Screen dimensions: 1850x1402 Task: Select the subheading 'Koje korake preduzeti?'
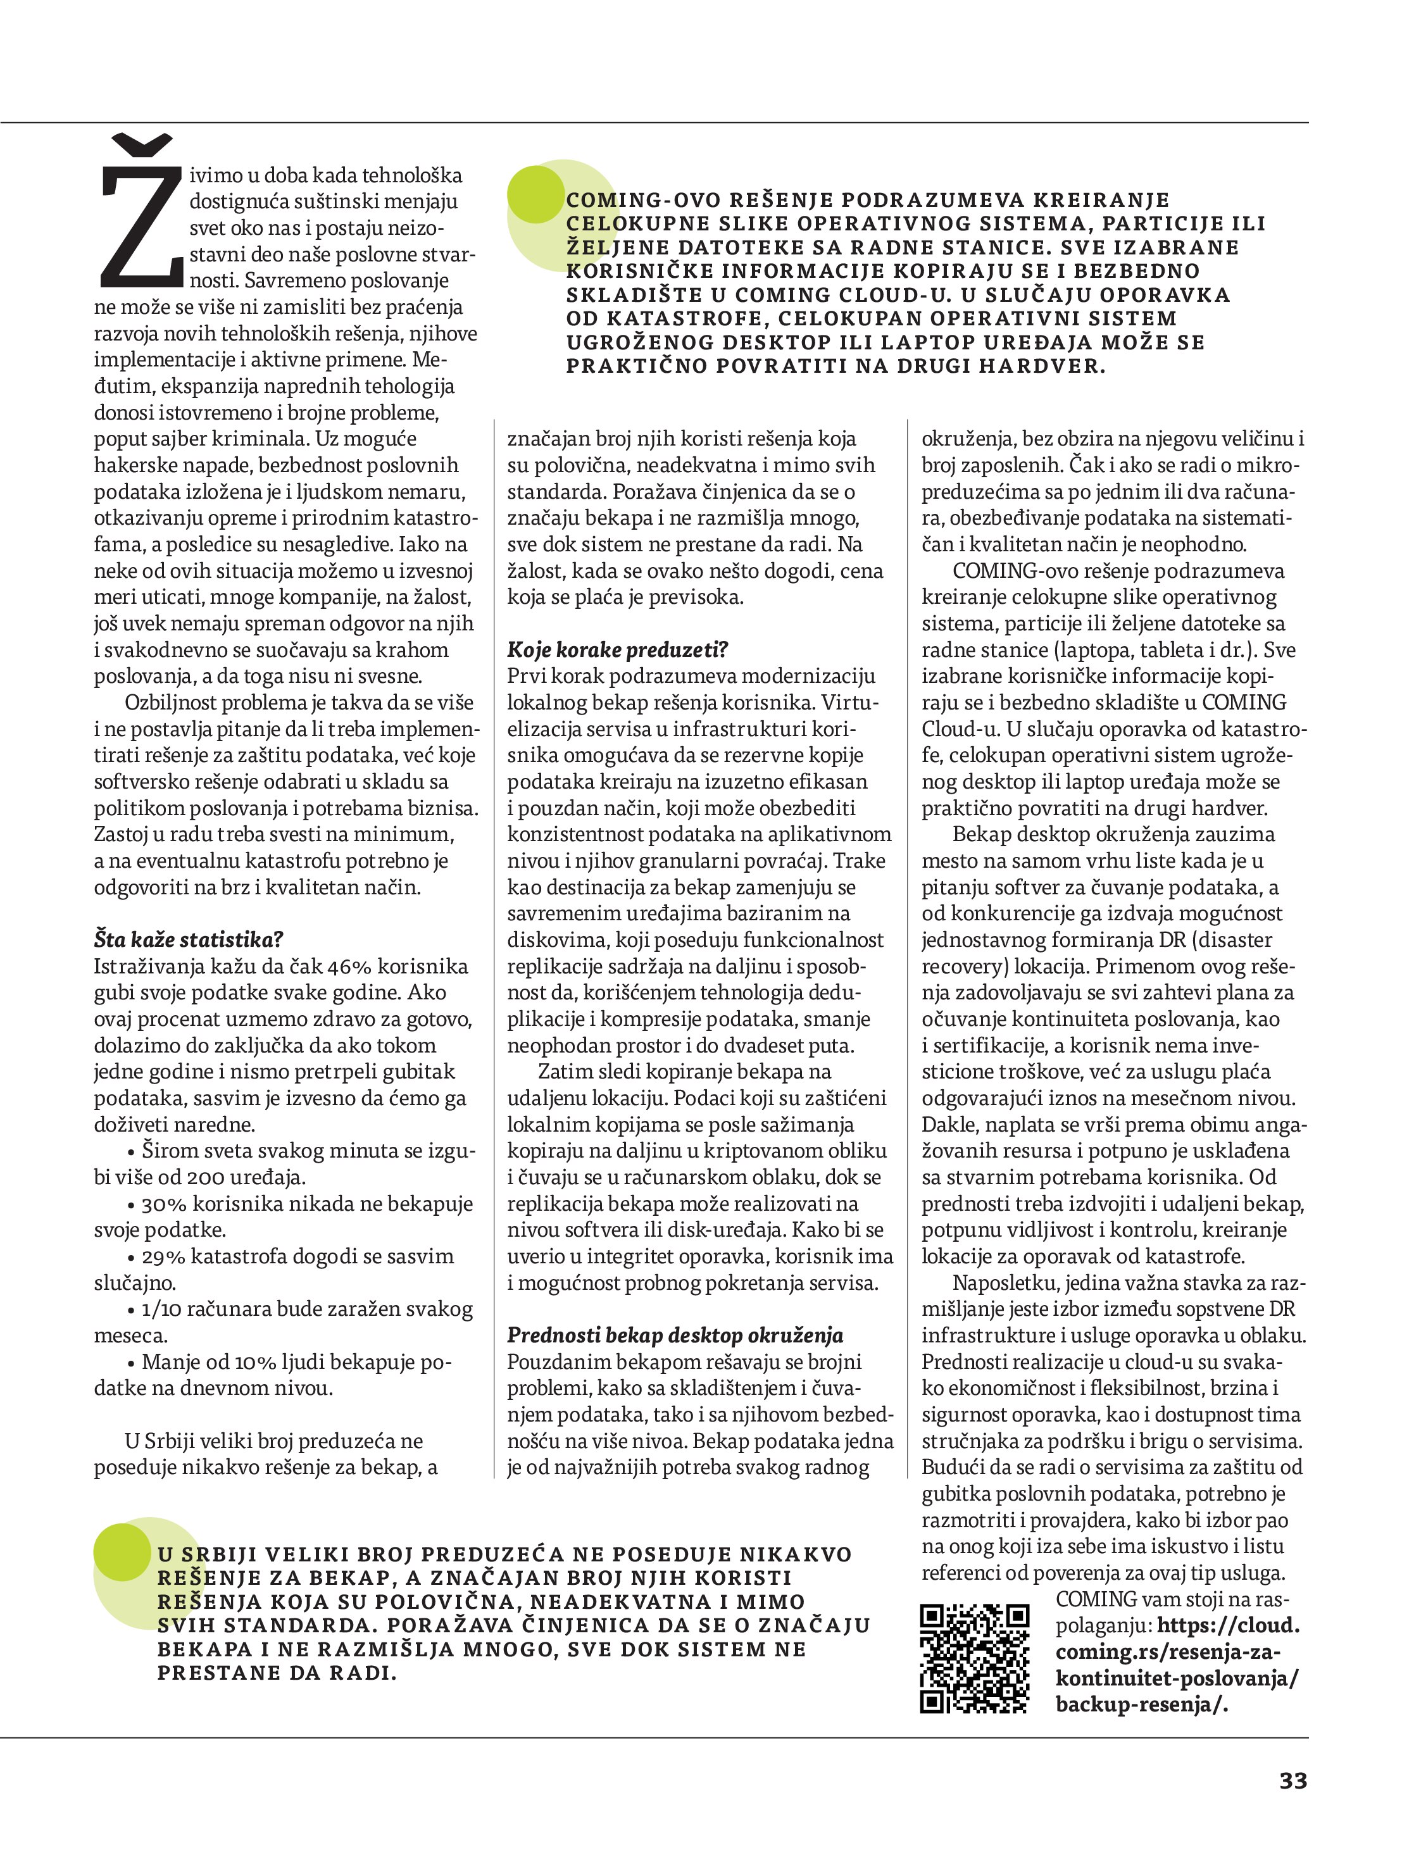point(617,650)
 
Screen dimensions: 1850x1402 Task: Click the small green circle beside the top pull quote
point(536,194)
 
